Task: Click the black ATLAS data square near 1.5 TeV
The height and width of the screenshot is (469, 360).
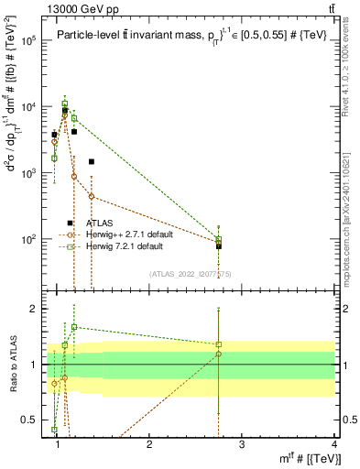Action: (x=92, y=162)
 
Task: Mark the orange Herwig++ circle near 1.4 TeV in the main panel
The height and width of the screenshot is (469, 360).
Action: (x=92, y=196)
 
